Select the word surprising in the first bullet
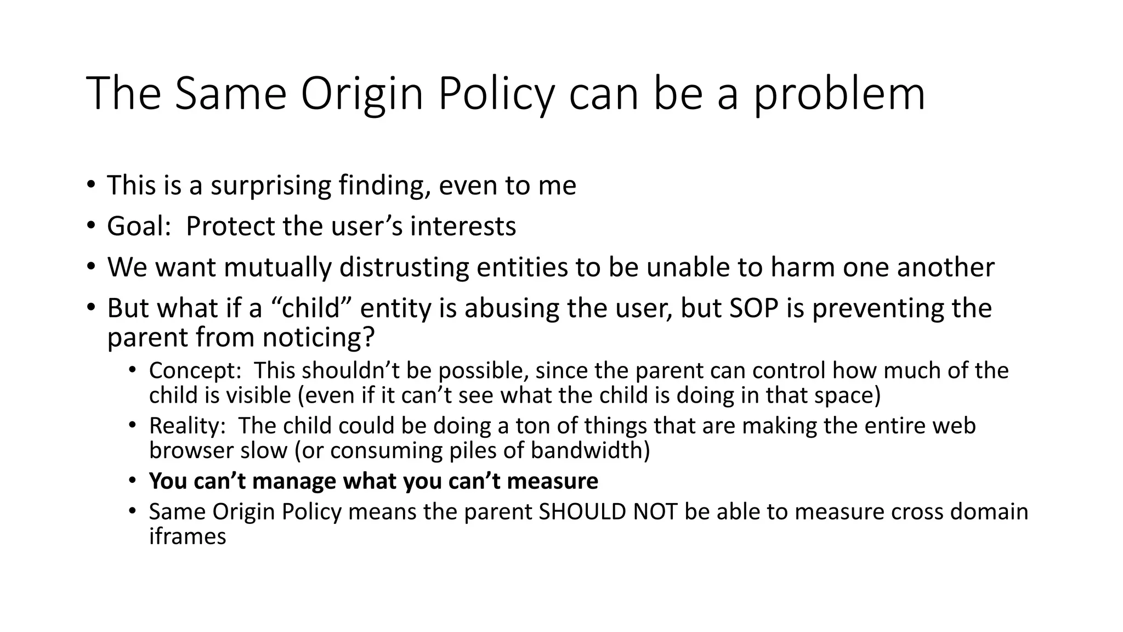tap(271, 185)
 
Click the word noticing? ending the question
tap(319, 337)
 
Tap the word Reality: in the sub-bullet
tap(190, 426)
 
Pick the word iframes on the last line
tap(188, 536)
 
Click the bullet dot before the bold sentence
tap(132, 481)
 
